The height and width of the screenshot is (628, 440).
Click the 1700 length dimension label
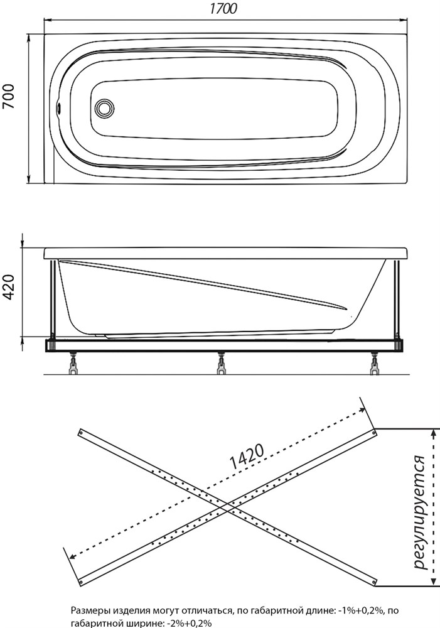[x=223, y=9]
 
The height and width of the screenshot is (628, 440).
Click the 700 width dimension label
[x=9, y=97]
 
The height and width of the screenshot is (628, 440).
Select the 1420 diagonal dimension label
[x=247, y=457]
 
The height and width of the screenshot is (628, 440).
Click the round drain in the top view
[x=105, y=108]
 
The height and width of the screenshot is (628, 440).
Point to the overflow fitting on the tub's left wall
[x=59, y=108]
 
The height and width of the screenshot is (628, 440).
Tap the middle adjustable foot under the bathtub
[x=220, y=364]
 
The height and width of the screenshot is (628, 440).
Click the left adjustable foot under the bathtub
[x=74, y=364]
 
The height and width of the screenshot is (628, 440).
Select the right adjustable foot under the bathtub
[x=375, y=364]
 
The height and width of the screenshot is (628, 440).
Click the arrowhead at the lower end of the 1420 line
[x=73, y=556]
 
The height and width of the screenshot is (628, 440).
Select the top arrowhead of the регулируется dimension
[x=433, y=432]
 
